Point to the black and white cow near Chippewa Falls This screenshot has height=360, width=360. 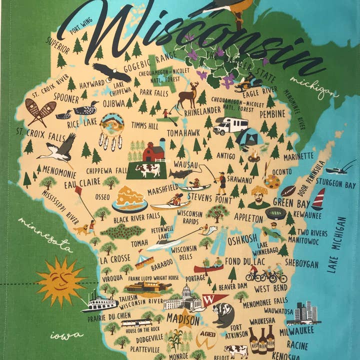147,170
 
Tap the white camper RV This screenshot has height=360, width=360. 230,125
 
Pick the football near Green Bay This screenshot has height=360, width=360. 288,191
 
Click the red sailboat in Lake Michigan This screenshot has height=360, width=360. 318,199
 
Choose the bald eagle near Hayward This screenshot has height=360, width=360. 112,72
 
